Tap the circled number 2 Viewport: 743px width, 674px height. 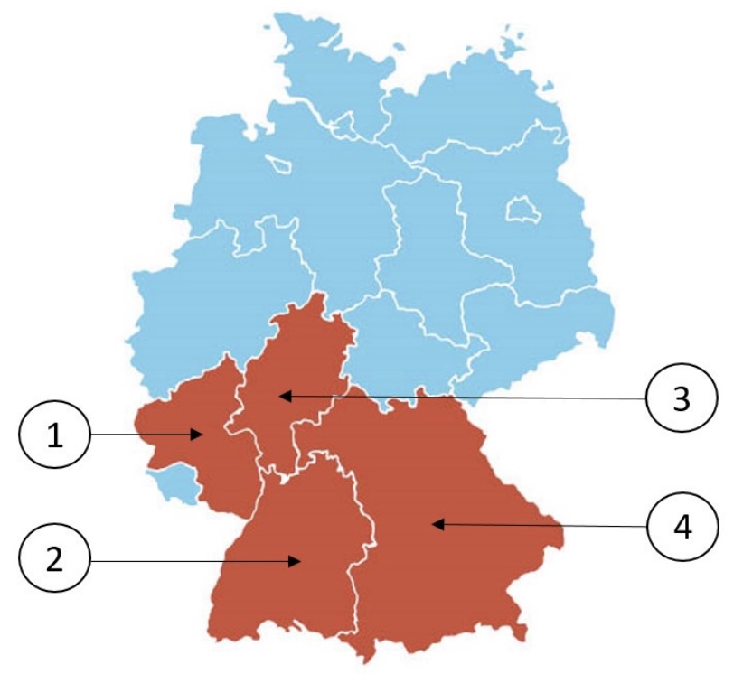pos(55,560)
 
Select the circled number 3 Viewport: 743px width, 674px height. pos(682,398)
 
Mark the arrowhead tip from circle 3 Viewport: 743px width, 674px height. pos(280,395)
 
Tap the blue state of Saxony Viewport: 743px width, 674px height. pos(533,325)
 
